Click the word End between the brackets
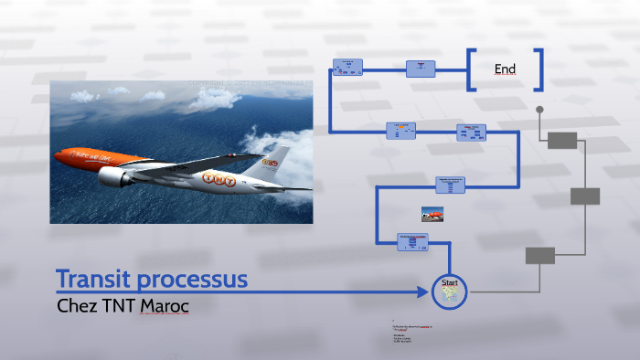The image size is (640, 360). [505, 69]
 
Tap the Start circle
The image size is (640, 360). [449, 291]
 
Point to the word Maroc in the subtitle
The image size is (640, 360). [165, 305]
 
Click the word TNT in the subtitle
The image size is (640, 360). [117, 305]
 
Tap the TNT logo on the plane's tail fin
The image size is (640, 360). [270, 162]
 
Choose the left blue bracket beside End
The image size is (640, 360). [473, 69]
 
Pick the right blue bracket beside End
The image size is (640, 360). [539, 69]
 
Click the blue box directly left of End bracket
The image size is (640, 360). [421, 69]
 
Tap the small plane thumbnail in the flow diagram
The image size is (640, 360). [432, 214]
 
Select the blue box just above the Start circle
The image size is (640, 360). [413, 242]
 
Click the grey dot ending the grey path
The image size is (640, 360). [539, 110]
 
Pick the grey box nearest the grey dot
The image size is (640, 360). [562, 140]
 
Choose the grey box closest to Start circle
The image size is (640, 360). [539, 256]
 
